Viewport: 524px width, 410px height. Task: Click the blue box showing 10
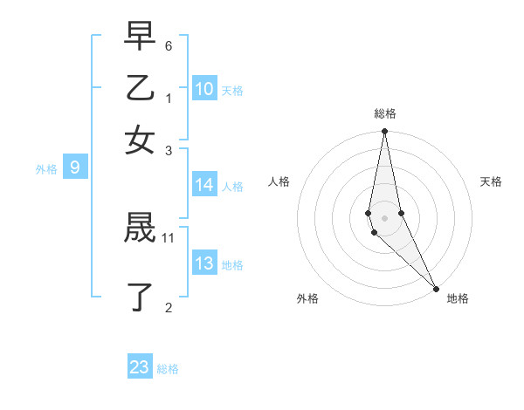click(204, 89)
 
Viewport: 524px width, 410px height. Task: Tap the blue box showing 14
click(204, 185)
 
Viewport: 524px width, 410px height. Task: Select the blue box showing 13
click(204, 264)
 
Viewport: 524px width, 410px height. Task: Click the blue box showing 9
click(74, 167)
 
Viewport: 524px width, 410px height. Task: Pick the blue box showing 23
click(140, 367)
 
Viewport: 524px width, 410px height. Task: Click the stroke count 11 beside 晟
click(169, 237)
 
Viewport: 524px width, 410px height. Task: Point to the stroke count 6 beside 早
click(169, 44)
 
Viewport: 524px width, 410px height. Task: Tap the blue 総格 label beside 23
click(168, 369)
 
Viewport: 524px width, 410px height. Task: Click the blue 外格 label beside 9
click(45, 169)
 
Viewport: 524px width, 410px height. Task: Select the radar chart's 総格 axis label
click(384, 113)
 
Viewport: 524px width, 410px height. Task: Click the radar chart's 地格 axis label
click(458, 298)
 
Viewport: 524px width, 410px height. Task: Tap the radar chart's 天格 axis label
click(491, 181)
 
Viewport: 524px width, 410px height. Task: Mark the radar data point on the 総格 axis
click(384, 132)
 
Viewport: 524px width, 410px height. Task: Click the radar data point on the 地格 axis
click(436, 288)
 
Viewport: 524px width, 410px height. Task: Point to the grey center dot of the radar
click(384, 217)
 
